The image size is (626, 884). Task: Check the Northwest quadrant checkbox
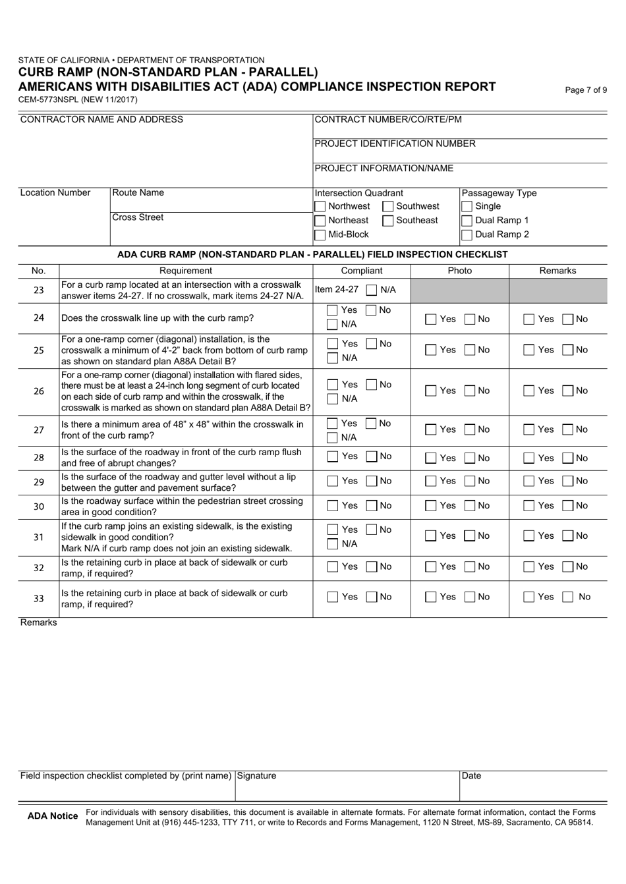[x=320, y=207]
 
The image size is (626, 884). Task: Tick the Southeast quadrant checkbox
[x=388, y=221]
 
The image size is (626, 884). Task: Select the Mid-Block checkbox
[x=320, y=235]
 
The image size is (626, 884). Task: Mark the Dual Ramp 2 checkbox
[x=467, y=235]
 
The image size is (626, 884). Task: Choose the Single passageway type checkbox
[x=467, y=207]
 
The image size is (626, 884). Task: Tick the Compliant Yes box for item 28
[x=333, y=457]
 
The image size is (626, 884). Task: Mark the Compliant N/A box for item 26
[x=333, y=399]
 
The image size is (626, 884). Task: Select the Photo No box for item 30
[x=470, y=507]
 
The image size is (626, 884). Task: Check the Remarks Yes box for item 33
[x=529, y=597]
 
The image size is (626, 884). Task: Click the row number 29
[x=39, y=482]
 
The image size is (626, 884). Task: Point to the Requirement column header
[x=186, y=271]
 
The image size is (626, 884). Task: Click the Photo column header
[x=459, y=271]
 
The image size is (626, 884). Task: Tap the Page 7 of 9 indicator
[x=586, y=91]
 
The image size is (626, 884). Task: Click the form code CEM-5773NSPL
[x=49, y=99]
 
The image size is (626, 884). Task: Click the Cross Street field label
[x=138, y=218]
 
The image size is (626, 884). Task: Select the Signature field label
[x=256, y=776]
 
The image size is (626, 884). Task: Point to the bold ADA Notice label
[x=53, y=817]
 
